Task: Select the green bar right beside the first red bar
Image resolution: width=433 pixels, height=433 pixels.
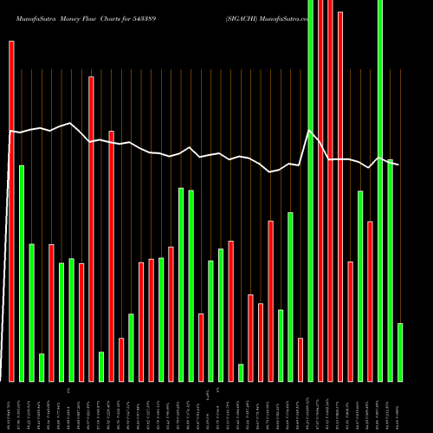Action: click(x=22, y=273)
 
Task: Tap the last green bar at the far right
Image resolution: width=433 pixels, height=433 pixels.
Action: click(x=400, y=352)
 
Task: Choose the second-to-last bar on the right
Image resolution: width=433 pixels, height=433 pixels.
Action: click(x=390, y=270)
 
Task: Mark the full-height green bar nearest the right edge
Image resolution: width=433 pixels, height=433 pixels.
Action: click(x=380, y=191)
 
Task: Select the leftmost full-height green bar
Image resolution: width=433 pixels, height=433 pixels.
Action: click(x=310, y=191)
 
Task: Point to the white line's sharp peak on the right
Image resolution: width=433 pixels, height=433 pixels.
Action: click(x=310, y=131)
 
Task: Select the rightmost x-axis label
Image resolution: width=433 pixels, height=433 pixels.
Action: click(x=400, y=407)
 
